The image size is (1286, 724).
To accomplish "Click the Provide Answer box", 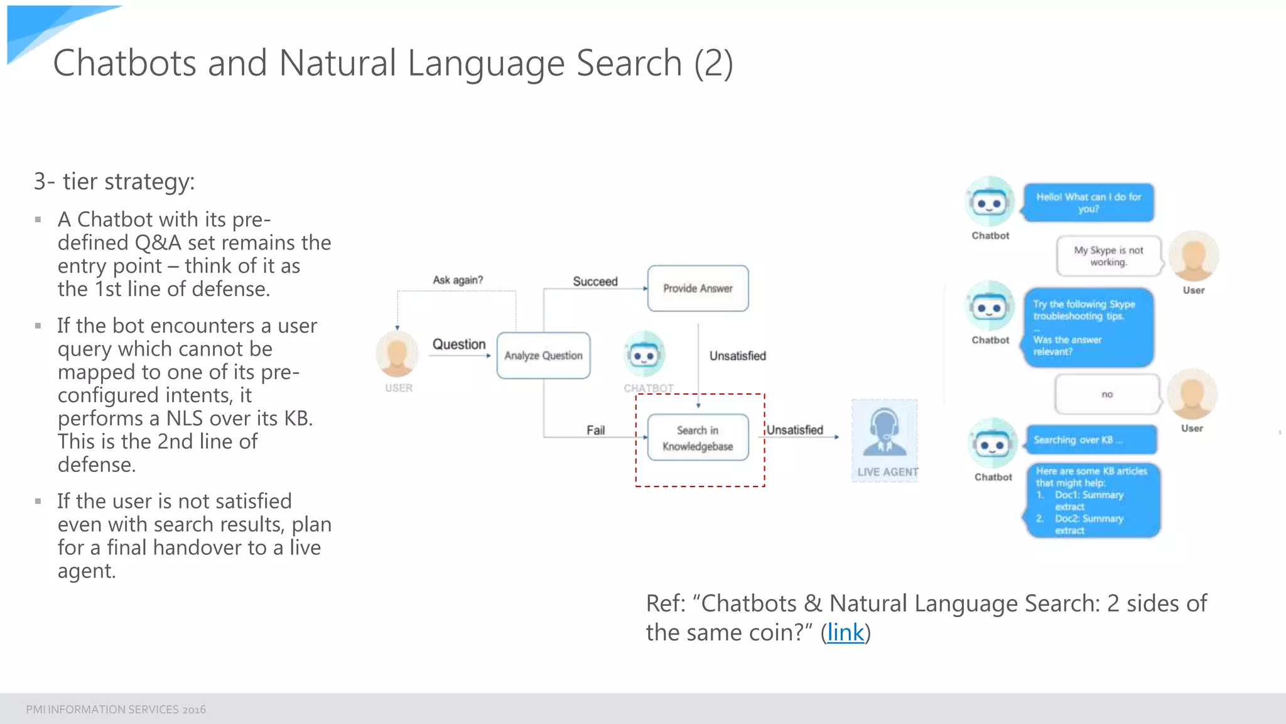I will tap(698, 288).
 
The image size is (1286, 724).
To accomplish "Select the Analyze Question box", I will tap(543, 356).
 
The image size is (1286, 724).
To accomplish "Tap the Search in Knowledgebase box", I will tap(698, 438).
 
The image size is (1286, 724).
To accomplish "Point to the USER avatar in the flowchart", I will tap(397, 354).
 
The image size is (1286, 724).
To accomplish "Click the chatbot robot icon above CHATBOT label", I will tap(644, 355).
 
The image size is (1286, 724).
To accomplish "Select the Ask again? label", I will tap(458, 280).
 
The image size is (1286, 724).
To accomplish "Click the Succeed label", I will tap(595, 282).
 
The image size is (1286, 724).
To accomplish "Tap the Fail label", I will tap(595, 431).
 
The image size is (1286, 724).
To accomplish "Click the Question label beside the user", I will tap(458, 344).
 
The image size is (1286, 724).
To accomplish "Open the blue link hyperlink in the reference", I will tap(845, 633).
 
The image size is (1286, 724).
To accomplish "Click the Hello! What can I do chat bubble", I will tap(1088, 202).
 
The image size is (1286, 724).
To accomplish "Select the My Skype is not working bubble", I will tap(1108, 256).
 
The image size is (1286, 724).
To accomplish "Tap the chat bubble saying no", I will tap(1107, 395).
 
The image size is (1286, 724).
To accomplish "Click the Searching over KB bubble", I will tap(1091, 440).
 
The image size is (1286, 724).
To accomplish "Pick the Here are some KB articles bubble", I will tap(1093, 500).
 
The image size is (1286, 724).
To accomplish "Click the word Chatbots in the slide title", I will tap(124, 63).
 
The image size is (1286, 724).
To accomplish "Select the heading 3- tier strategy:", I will tap(114, 182).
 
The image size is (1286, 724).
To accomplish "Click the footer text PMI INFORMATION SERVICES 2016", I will tap(116, 710).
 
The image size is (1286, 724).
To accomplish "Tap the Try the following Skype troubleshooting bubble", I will tap(1088, 327).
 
